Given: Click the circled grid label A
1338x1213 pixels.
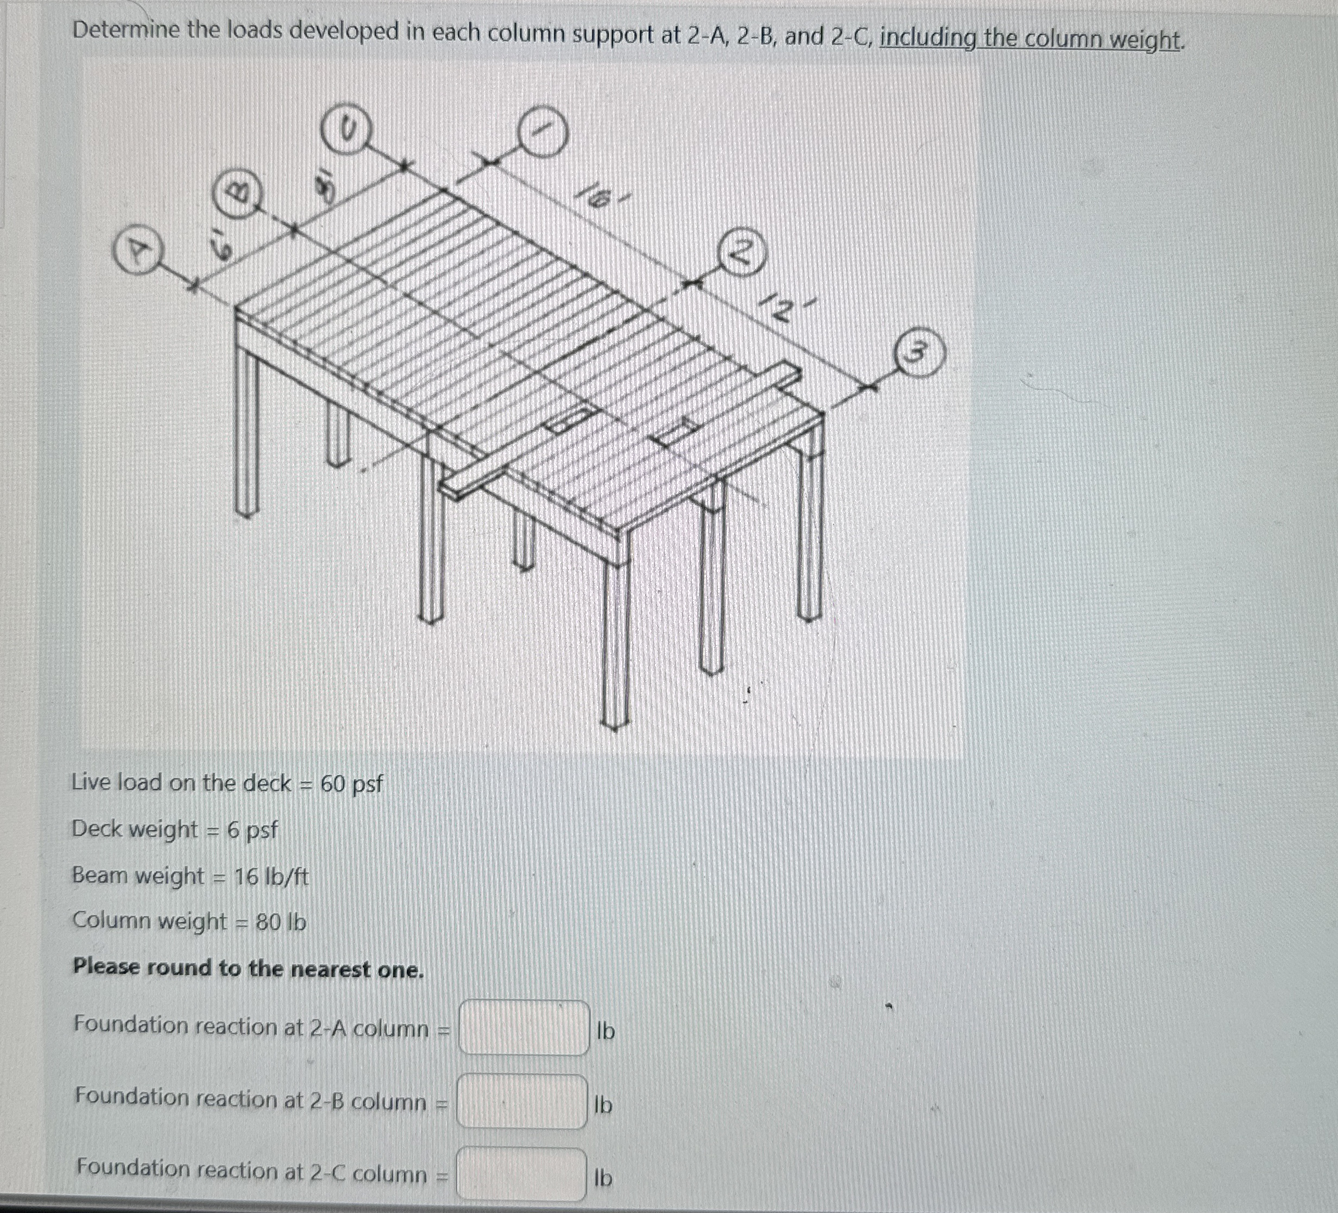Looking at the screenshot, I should (137, 250).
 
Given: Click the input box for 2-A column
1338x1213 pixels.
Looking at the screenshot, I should (523, 1028).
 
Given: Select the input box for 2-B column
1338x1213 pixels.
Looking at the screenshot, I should (522, 1102).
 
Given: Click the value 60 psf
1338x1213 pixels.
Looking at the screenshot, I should (351, 784).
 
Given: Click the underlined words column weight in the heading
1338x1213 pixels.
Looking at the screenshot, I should (1102, 39).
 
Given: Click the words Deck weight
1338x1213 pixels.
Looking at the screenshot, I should (135, 829).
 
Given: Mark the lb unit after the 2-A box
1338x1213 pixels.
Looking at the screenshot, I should (605, 1030).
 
